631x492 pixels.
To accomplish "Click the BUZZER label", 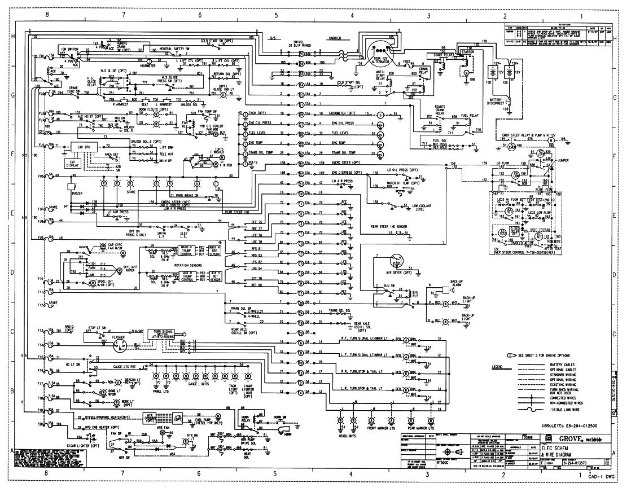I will coord(77,193).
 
